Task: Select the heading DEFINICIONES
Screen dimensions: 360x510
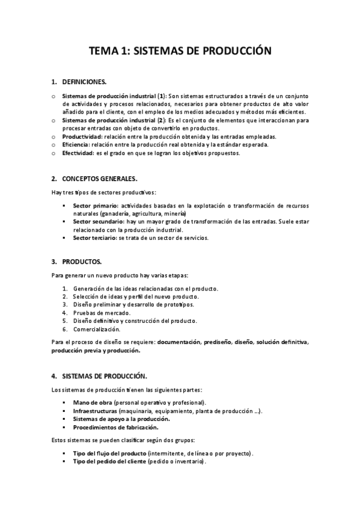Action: coord(85,82)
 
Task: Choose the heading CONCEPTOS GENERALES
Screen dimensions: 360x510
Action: coord(99,179)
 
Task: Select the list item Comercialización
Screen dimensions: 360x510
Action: coord(97,329)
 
